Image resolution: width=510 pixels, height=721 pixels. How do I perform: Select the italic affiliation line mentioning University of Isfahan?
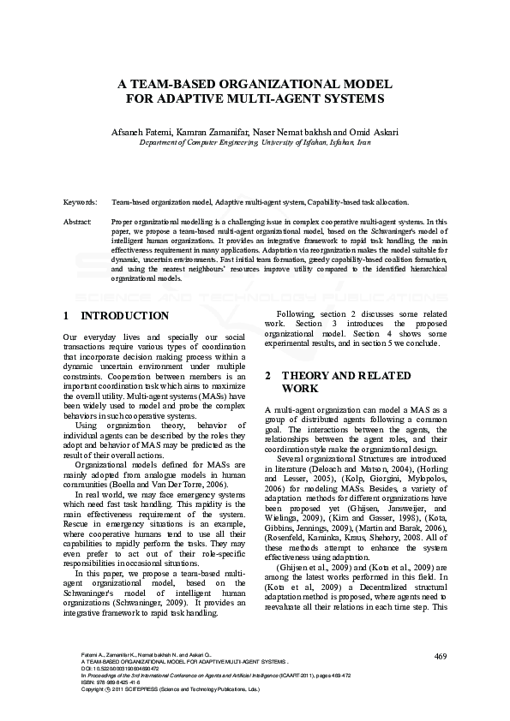point(255,143)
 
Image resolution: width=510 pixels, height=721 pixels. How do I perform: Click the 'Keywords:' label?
point(80,201)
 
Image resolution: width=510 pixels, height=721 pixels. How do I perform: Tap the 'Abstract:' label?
point(78,222)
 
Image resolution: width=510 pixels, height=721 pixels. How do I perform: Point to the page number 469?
point(441,657)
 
